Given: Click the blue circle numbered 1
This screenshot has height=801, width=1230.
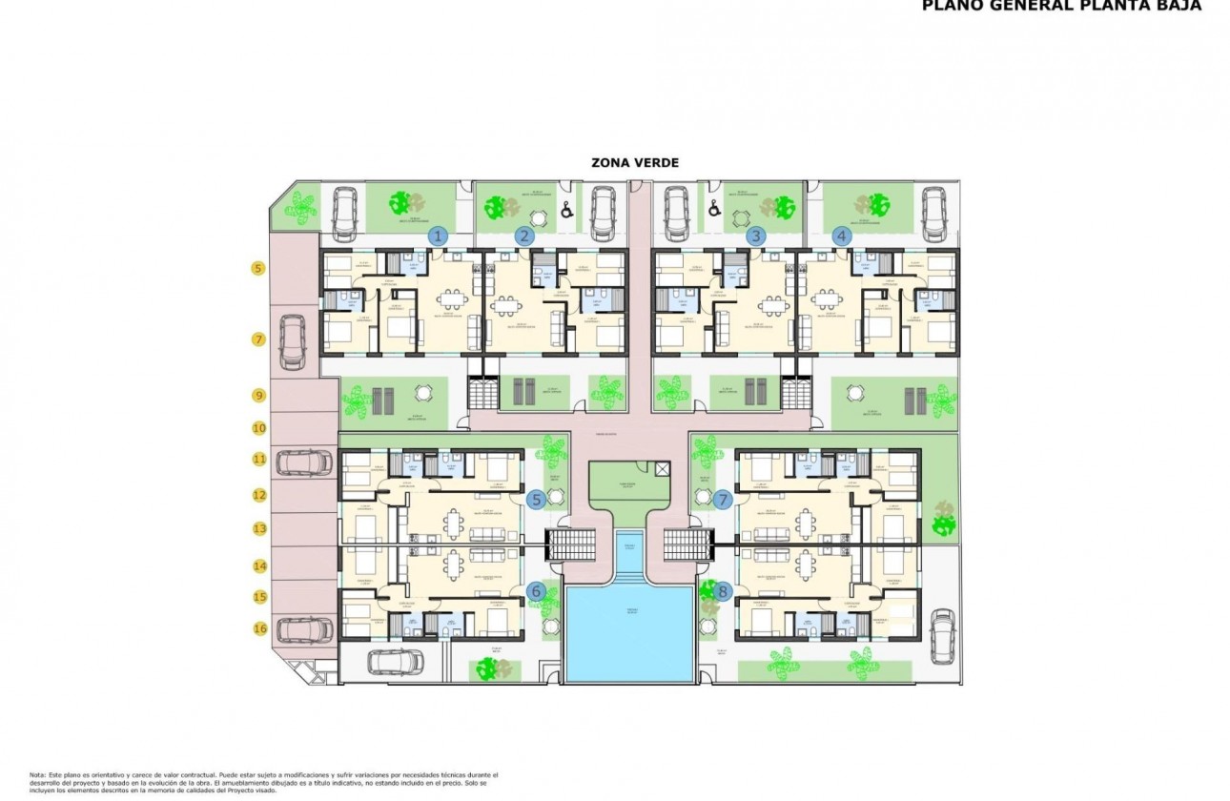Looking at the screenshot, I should (x=438, y=236).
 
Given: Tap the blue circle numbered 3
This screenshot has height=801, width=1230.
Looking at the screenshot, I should (x=756, y=236).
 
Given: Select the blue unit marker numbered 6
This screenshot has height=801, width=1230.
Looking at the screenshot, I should (x=536, y=591).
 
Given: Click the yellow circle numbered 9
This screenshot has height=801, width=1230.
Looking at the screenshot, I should (x=258, y=395).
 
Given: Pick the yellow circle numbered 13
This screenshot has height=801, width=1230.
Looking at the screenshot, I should (x=258, y=527).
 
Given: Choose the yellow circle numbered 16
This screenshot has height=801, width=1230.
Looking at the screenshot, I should (x=258, y=627).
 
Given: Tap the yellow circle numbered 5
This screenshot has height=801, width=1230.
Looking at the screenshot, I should (x=258, y=269).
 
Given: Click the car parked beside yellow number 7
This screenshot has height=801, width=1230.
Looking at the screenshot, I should (x=292, y=342).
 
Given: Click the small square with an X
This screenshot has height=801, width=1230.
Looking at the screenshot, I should (x=664, y=469).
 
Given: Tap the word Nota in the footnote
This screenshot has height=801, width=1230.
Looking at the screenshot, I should (x=37, y=775).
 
